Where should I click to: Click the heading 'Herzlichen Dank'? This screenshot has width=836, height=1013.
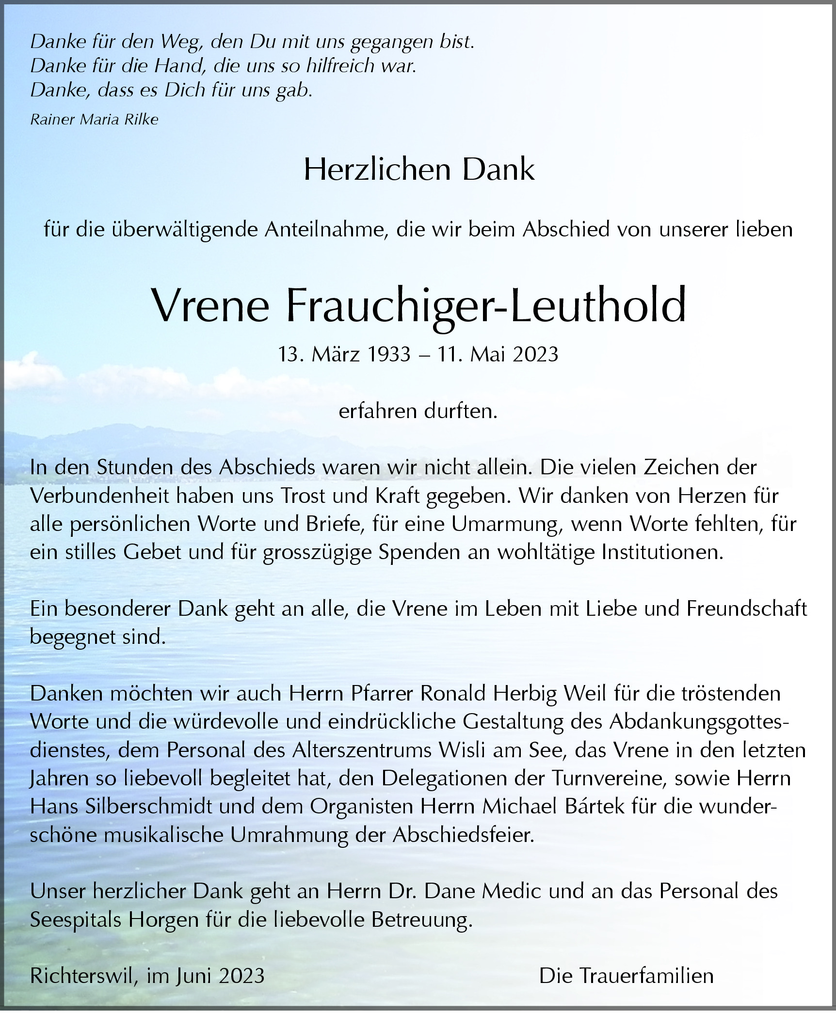[419, 170]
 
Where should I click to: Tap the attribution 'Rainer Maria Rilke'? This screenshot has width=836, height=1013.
[94, 120]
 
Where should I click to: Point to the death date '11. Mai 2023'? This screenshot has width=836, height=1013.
[498, 355]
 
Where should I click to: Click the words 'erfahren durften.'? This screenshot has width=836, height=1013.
[418, 411]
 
